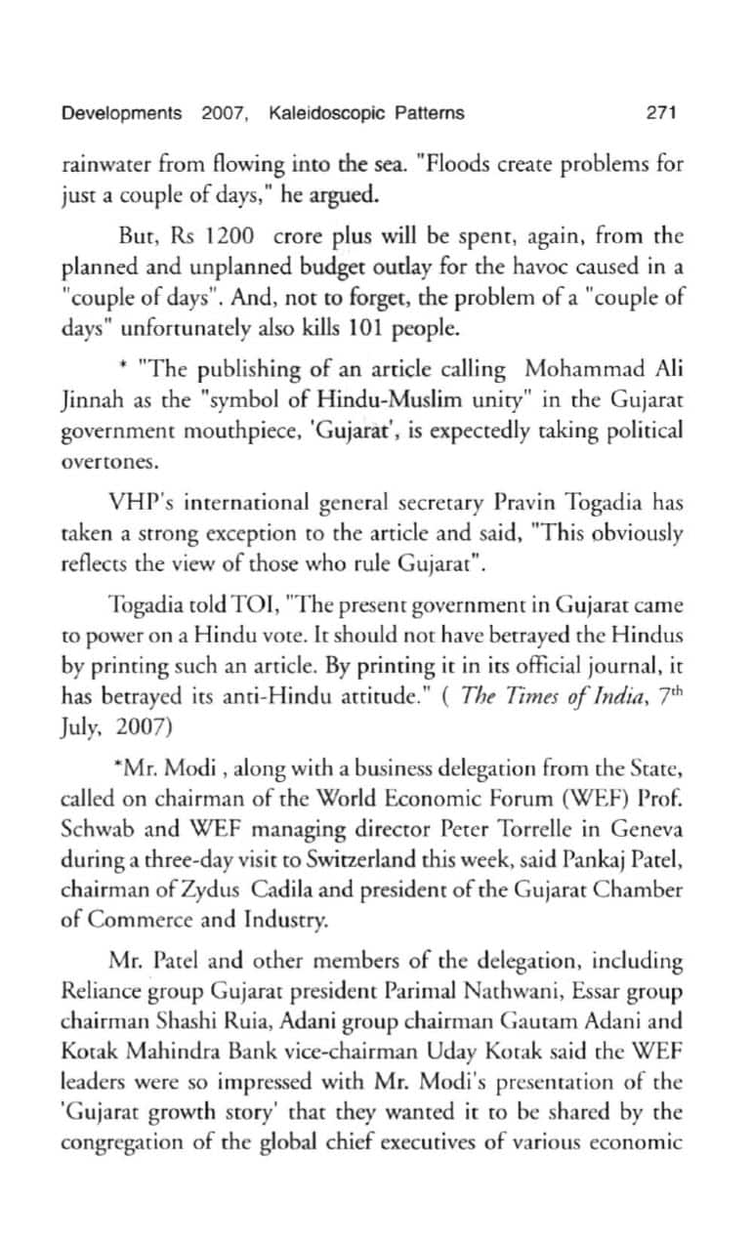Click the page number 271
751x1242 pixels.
click(x=661, y=113)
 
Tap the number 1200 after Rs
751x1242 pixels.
click(x=228, y=237)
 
